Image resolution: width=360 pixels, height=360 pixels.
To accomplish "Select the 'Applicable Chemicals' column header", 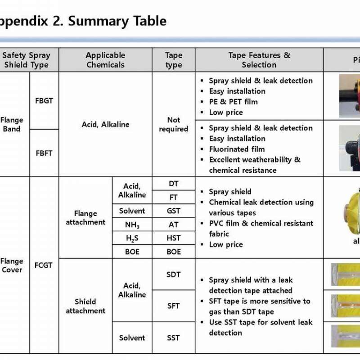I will tap(105, 60).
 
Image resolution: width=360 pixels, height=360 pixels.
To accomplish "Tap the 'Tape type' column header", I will tap(173, 60).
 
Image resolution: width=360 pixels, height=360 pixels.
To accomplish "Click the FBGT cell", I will tap(44, 101).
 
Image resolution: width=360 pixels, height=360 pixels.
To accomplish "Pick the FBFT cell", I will tap(44, 153).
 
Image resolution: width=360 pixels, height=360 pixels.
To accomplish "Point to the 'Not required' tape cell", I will tap(173, 125).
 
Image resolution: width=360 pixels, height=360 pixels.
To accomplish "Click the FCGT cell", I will tap(44, 265).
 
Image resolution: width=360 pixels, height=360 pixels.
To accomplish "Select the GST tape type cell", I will tap(173, 211).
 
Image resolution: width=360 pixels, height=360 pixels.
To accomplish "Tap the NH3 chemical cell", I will tap(132, 225).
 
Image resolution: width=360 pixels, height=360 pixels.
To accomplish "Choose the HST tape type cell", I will tap(173, 238).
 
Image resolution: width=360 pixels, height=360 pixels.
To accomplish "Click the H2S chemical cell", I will tap(132, 238).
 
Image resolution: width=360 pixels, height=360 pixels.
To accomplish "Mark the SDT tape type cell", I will tap(173, 274).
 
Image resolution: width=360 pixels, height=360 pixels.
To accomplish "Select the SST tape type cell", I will tap(173, 337).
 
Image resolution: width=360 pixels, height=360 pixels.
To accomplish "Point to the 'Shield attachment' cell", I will tap(85, 306).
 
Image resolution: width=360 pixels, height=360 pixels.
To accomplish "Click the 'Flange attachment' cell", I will tap(85, 217).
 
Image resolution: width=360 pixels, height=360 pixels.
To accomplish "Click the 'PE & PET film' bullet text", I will tap(233, 102).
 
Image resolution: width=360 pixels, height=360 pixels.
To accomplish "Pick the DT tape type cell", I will tap(173, 184).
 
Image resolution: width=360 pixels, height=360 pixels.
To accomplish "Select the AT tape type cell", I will tap(173, 225).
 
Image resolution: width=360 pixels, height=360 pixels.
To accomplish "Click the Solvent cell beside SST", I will tap(132, 337).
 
